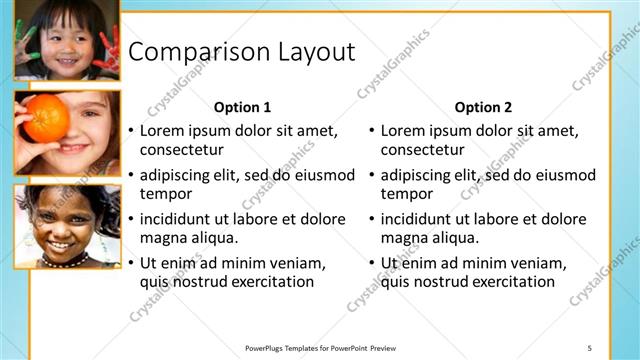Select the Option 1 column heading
pos(242,107)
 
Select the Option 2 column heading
pos(483,107)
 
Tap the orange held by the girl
pos(45,119)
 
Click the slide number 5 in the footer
pos(589,347)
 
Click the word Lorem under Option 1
pos(162,131)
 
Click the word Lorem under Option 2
pos(403,131)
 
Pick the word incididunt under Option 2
pos(420,219)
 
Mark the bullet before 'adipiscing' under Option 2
pos(371,176)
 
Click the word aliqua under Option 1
pos(211,238)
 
